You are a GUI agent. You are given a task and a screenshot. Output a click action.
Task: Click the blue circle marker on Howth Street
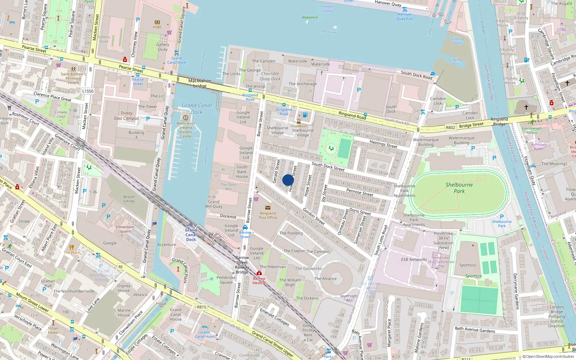click(288, 180)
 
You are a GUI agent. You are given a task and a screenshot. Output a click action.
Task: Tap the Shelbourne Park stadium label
click(459, 188)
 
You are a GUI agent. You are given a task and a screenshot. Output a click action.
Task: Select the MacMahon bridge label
click(200, 83)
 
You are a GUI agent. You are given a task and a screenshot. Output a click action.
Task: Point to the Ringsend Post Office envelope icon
click(268, 208)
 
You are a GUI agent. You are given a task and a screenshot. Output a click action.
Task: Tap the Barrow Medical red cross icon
click(259, 273)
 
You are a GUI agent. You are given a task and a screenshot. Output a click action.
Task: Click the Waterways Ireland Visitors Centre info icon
click(186, 118)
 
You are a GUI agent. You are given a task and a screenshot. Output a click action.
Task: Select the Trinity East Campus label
click(126, 116)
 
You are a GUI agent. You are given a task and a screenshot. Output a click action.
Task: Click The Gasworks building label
click(308, 269)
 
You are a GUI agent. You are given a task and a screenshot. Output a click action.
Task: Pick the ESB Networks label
click(414, 260)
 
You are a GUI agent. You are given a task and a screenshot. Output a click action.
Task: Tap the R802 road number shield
click(450, 127)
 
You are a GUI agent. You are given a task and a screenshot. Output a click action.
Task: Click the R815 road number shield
click(202, 307)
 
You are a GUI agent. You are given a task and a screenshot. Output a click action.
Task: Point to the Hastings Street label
click(383, 144)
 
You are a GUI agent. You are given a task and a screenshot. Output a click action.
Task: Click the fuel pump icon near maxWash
click(305, 115)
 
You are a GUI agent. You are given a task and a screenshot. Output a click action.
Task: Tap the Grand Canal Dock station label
click(191, 235)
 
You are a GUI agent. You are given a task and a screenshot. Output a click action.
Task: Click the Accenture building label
click(166, 245)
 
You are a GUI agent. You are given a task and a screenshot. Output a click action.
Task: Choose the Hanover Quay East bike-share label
click(405, 17)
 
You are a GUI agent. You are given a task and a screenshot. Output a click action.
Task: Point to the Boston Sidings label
click(129, 199)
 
